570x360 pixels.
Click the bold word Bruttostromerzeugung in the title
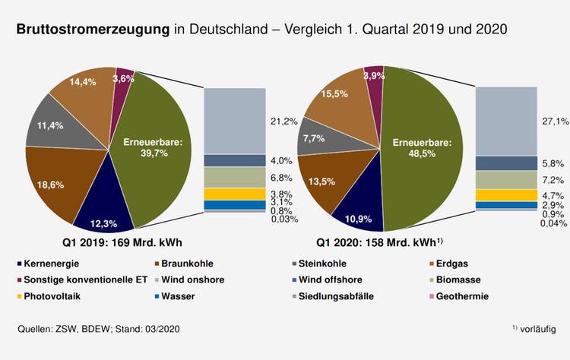click(92, 30)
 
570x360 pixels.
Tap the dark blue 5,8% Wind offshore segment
click(506, 163)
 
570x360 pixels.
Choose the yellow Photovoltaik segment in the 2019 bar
click(235, 194)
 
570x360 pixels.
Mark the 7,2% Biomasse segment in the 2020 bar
click(506, 179)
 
